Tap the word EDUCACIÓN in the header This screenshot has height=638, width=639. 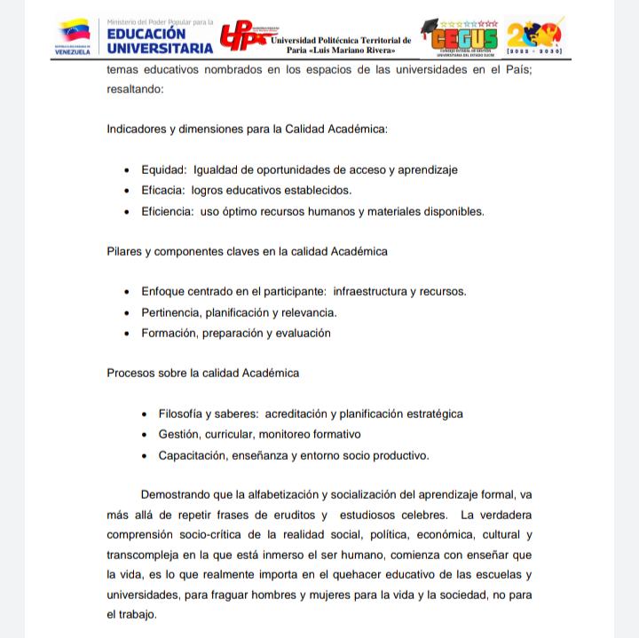click(146, 34)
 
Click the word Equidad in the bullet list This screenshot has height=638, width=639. click(163, 169)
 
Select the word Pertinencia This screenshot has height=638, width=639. click(170, 312)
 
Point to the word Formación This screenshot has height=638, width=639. click(169, 334)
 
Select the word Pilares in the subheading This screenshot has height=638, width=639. click(124, 251)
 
